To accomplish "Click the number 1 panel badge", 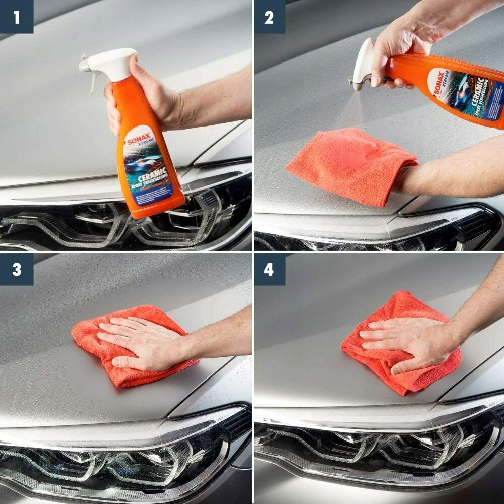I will click(17, 17).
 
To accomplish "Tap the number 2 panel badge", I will click(269, 17).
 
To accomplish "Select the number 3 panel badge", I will click(17, 269).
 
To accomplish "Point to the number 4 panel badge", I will click(269, 269).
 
